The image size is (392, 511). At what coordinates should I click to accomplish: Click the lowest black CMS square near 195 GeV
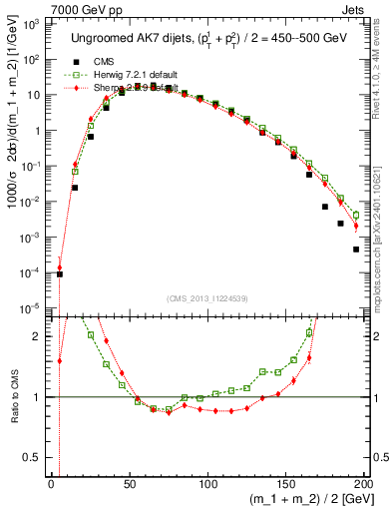[356, 250]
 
